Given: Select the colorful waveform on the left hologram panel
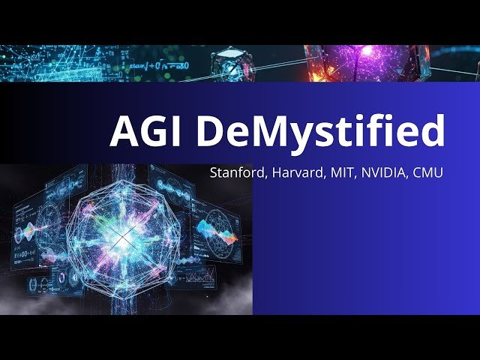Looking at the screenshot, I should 30,229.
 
